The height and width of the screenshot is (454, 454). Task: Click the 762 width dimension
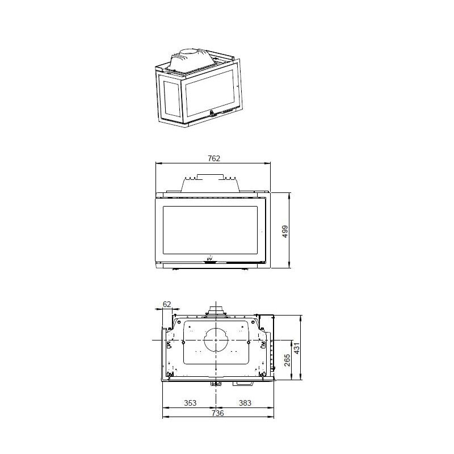tap(213, 158)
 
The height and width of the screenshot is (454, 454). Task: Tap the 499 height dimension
tap(285, 230)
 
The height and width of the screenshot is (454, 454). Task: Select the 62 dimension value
tap(167, 304)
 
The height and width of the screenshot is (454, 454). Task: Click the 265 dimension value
tap(287, 360)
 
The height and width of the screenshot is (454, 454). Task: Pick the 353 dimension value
tap(190, 403)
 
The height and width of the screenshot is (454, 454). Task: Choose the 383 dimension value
tap(245, 403)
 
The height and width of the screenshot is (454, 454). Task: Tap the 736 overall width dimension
tap(218, 413)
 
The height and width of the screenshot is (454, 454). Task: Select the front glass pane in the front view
tap(211, 230)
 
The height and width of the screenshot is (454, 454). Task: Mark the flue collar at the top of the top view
tap(216, 310)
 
